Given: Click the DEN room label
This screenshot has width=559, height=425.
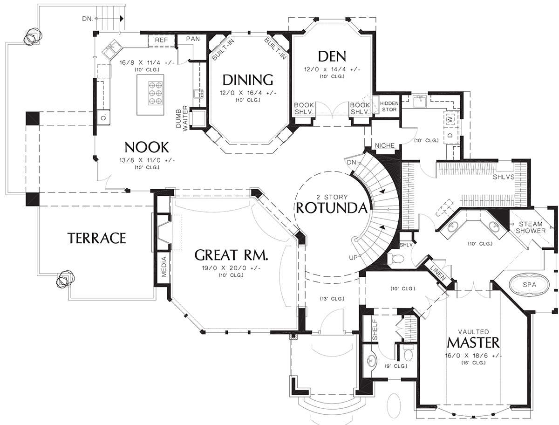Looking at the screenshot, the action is (332, 56).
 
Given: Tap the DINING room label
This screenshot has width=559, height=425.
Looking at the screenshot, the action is (248, 80).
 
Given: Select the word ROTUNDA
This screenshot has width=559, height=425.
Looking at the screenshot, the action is (332, 207).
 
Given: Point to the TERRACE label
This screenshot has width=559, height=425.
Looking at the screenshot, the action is (97, 238).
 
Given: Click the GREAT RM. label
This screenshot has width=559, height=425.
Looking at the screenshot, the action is (231, 255).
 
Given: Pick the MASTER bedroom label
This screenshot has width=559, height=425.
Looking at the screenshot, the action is (473, 343).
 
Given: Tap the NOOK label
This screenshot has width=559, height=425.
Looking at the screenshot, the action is (147, 147).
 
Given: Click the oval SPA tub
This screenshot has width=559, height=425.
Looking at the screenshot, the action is (529, 284).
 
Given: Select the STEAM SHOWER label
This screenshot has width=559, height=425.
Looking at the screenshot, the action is (531, 227).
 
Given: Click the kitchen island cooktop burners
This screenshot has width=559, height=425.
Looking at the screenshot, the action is (155, 93).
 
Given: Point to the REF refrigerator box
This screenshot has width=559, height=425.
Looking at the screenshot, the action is (162, 41).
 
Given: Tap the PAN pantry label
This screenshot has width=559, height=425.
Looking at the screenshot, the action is (193, 39).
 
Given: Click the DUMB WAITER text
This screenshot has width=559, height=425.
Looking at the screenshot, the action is (182, 118).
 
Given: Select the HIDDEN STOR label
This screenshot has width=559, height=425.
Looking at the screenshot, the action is (389, 106).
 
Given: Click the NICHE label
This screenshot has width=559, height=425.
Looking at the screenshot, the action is (385, 145).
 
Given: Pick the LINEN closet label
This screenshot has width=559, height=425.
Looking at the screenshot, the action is (438, 273).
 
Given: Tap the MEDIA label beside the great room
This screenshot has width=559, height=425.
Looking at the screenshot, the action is (164, 267).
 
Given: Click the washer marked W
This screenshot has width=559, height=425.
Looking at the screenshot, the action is (450, 119).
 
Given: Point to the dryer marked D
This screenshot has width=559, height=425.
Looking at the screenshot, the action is (450, 135).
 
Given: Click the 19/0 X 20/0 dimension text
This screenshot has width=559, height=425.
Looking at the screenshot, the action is (231, 268).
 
